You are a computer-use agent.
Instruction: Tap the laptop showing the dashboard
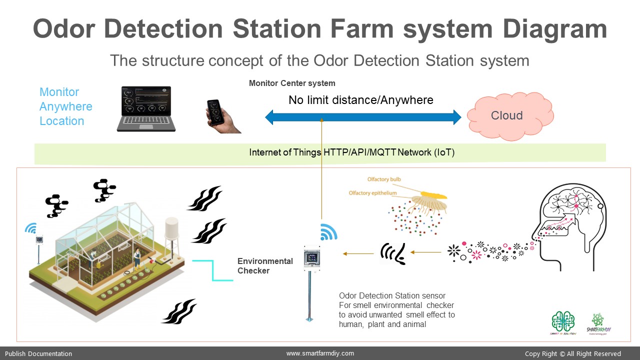pos(146,108)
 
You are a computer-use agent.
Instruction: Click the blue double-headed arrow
pos(363,117)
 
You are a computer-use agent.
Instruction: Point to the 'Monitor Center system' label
pos(292,83)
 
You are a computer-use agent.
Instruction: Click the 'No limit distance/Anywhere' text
pos(360,100)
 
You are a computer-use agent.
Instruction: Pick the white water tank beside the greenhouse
pos(171,235)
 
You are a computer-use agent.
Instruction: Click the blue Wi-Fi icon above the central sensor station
pos(328,231)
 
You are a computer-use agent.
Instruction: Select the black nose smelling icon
pos(393,253)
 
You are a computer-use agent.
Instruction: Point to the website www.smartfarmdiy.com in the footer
pos(320,353)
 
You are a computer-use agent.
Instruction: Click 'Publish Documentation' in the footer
pos(38,353)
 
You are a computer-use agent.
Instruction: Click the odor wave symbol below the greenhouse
pos(178,311)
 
